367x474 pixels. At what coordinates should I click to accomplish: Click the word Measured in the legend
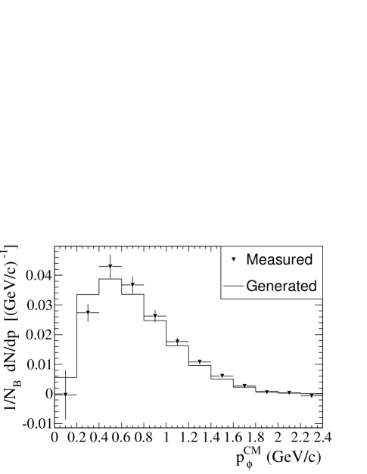click(279, 259)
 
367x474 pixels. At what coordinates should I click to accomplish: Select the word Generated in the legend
click(281, 287)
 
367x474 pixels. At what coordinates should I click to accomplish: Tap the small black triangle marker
click(234, 259)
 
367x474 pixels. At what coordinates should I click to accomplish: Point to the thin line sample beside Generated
click(234, 287)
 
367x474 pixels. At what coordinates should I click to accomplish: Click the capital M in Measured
click(253, 259)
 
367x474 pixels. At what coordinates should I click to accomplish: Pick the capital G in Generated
click(252, 287)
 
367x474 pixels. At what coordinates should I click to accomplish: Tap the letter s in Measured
click(277, 260)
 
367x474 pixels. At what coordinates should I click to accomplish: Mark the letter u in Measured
click(285, 260)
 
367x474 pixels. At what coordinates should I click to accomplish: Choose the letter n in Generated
click(270, 287)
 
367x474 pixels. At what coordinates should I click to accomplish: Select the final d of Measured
click(307, 259)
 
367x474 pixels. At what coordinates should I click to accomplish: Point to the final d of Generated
click(312, 287)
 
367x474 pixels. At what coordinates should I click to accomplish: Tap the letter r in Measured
click(291, 260)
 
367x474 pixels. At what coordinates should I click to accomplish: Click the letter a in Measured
click(270, 260)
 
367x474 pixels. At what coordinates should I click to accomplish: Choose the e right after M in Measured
click(263, 260)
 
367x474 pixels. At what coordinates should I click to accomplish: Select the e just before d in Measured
click(298, 260)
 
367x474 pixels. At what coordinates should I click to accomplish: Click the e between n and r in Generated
click(278, 287)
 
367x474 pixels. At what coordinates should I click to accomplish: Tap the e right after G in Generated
click(262, 287)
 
